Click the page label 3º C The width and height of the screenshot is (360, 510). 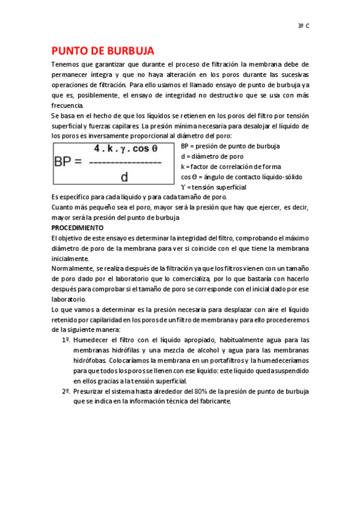pos(304,26)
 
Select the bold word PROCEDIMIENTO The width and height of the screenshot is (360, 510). pos(78,228)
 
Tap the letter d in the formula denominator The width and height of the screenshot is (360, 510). pos(124,177)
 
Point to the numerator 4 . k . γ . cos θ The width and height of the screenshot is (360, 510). pos(126,148)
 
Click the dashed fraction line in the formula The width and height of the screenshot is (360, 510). pos(124,162)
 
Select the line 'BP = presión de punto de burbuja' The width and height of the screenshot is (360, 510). pos(230,146)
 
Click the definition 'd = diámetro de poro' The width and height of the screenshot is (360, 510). pos(212,156)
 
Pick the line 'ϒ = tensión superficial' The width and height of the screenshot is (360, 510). pos(213,187)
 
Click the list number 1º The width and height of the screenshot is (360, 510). pos(66,340)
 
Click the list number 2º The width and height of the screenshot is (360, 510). pos(66,391)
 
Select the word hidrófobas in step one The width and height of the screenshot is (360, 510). pos(90,360)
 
